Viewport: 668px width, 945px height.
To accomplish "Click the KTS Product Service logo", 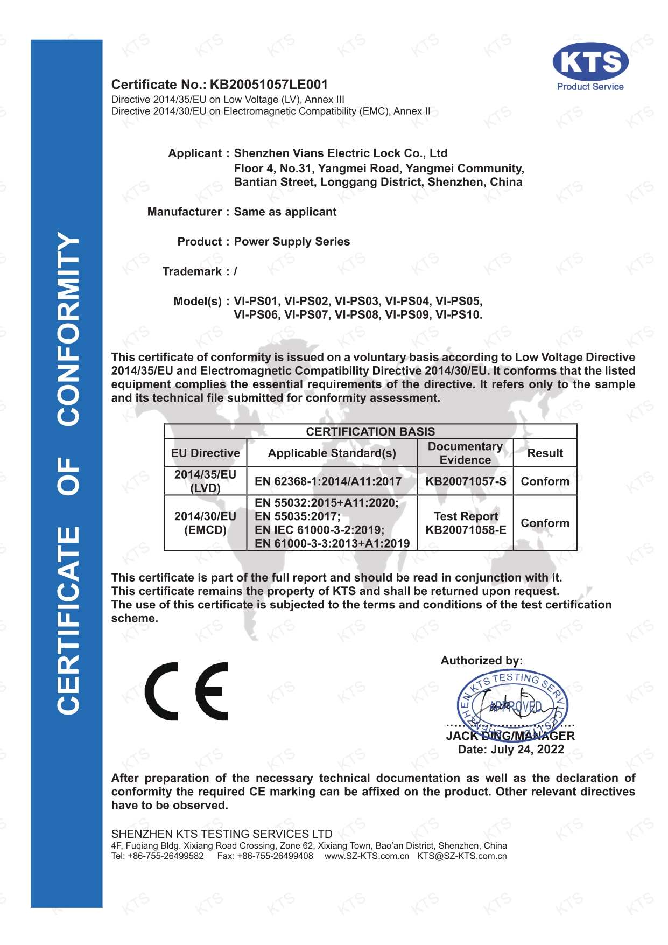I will (x=590, y=66).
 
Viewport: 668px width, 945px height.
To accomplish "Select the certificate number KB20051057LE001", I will (x=268, y=85).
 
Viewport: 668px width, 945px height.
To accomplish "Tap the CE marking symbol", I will (x=186, y=691).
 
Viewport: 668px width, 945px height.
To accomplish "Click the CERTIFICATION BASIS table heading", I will (x=370, y=432).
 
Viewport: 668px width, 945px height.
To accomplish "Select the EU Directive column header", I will (x=205, y=453).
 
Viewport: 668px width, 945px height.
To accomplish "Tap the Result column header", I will (x=545, y=453).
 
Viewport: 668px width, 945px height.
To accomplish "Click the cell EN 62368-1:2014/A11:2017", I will (x=328, y=481).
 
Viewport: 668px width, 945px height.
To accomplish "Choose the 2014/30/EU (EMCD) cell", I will (x=205, y=523).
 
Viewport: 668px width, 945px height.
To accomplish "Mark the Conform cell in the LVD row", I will (x=545, y=481).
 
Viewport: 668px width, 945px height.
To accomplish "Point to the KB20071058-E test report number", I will (x=466, y=530).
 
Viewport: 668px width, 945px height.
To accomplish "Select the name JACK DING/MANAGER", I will (x=510, y=736).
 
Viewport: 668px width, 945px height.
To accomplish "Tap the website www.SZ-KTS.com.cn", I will (x=367, y=856).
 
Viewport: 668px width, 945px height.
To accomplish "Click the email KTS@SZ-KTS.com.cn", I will (x=462, y=856).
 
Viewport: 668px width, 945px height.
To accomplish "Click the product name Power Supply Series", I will (x=292, y=242).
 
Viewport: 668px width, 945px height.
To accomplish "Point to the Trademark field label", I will (x=192, y=271).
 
